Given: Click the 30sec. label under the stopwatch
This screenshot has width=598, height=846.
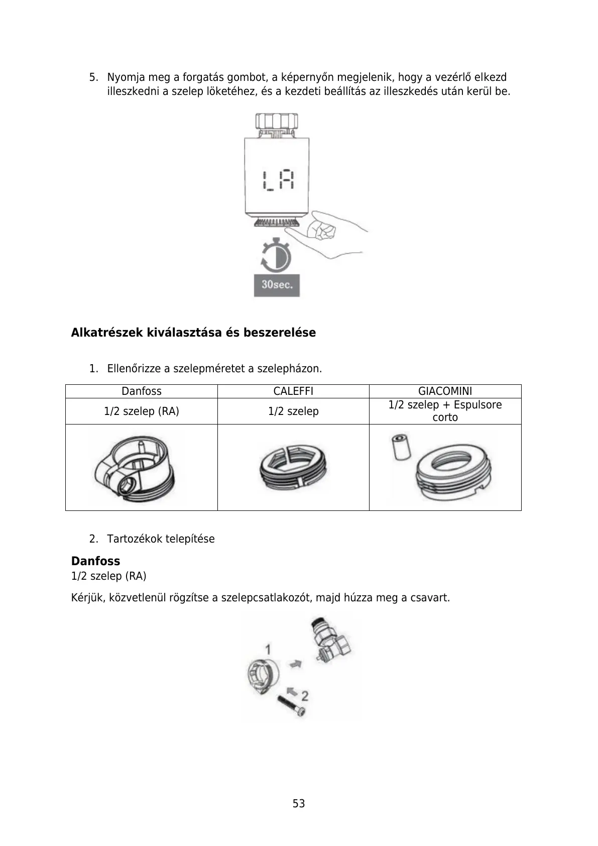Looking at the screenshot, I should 277,285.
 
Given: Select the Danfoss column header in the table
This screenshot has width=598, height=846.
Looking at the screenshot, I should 142,391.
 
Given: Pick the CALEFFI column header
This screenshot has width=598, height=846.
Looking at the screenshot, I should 293,391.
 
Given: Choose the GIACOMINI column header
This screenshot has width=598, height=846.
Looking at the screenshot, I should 445,391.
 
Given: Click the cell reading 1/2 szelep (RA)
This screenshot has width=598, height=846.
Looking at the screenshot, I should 142,411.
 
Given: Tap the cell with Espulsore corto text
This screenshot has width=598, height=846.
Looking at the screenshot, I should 445,411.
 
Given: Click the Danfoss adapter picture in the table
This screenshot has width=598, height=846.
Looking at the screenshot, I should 135,467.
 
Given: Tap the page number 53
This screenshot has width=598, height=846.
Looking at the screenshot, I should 299,804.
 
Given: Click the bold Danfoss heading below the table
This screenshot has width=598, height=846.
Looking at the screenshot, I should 95,561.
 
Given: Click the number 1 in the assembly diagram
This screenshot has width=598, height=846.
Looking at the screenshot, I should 268,648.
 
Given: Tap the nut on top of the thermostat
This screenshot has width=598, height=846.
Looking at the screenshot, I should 276,122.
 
